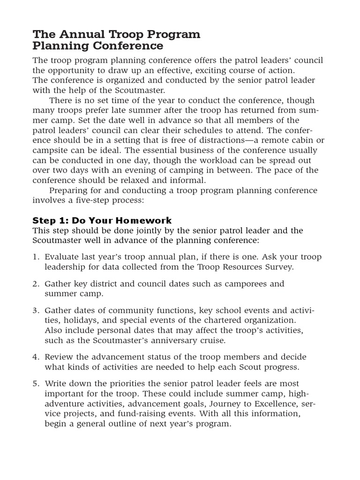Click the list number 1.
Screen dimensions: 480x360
(x=36, y=257)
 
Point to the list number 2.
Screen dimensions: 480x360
(x=36, y=284)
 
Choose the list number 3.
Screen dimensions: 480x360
(x=36, y=310)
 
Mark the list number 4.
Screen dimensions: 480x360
(x=36, y=357)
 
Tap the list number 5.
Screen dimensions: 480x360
(x=36, y=383)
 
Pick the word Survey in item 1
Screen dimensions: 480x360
(x=280, y=267)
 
